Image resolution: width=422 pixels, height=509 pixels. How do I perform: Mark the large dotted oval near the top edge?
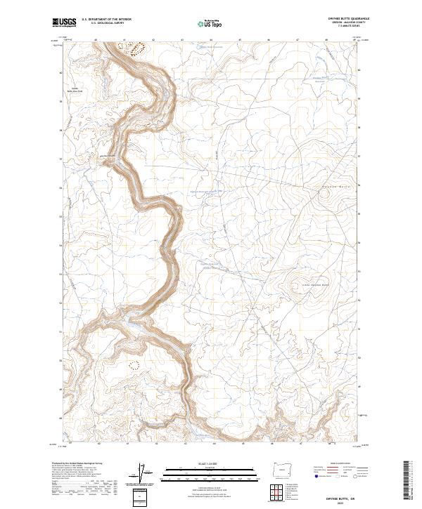tap(134, 48)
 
